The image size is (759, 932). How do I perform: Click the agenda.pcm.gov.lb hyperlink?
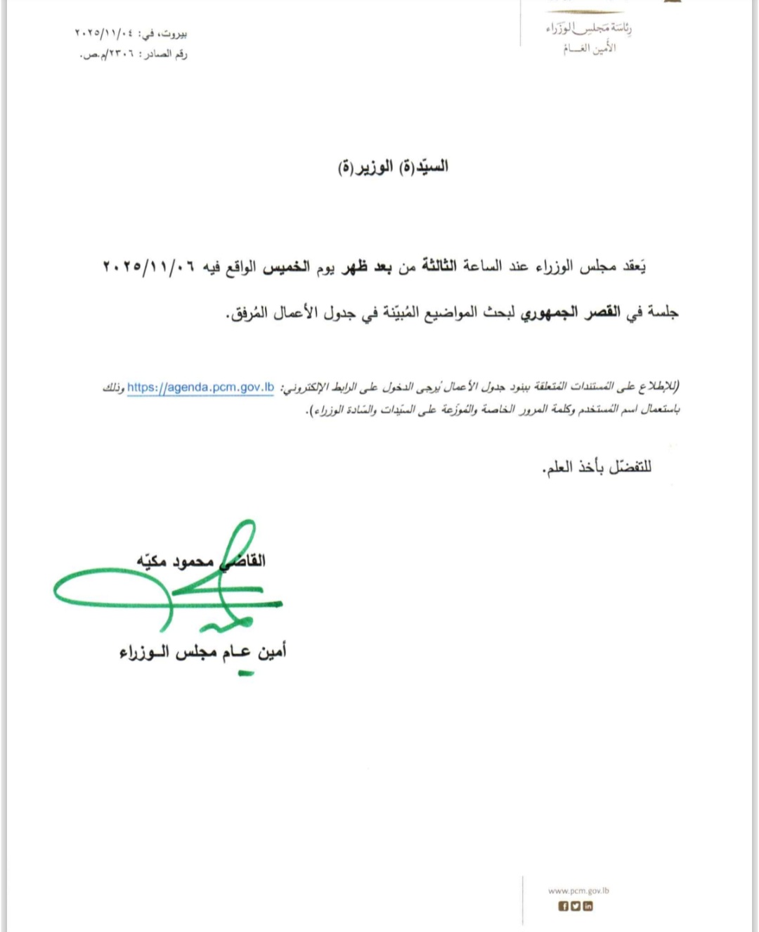click(x=200, y=388)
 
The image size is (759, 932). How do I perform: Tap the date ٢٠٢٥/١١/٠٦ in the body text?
click(x=148, y=267)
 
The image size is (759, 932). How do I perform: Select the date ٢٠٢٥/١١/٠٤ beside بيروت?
click(x=103, y=33)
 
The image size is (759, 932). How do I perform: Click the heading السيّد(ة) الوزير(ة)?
click(x=393, y=167)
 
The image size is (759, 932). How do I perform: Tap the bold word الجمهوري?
click(x=549, y=312)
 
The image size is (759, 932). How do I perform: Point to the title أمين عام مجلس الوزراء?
click(x=202, y=653)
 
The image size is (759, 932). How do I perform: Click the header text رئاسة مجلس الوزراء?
click(x=589, y=29)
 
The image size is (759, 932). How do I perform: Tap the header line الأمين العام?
click(x=589, y=49)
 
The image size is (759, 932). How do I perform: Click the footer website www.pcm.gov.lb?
click(x=578, y=890)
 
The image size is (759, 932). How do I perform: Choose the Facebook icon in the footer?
click(x=563, y=906)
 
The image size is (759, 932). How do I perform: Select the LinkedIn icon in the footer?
click(x=588, y=906)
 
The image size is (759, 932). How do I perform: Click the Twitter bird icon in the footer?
click(x=576, y=906)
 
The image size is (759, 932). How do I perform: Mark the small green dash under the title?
click(x=245, y=675)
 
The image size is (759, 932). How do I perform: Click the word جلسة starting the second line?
click(x=663, y=312)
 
